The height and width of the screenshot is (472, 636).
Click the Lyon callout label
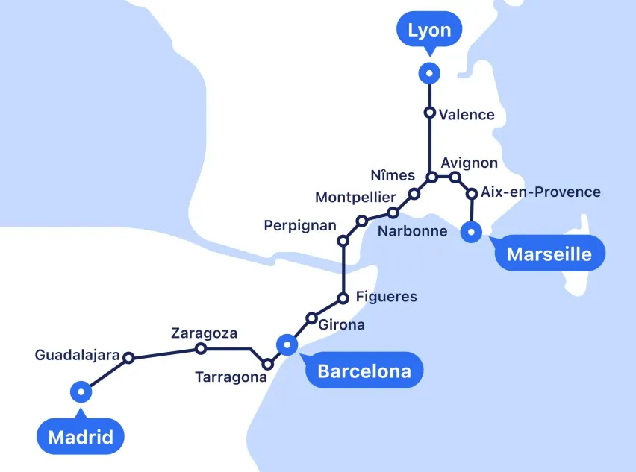(429, 31)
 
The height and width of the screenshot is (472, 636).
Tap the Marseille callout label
(549, 254)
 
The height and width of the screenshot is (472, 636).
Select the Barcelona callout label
(364, 371)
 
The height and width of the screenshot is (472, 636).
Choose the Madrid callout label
(81, 437)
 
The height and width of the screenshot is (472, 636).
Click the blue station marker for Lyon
(429, 73)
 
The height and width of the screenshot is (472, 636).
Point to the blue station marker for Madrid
(81, 391)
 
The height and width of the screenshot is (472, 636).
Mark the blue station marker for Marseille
(471, 232)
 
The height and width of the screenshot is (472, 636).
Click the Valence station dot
(429, 113)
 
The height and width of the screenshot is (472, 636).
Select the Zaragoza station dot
(200, 348)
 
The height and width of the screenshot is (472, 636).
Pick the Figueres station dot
(343, 298)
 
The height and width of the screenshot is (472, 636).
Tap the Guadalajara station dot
(128, 358)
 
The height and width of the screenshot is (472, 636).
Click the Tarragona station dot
(268, 365)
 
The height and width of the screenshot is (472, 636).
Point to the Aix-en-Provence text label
(540, 192)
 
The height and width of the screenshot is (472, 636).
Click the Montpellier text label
(355, 198)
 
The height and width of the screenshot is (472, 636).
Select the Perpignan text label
(300, 224)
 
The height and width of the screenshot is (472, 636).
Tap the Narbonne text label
(412, 231)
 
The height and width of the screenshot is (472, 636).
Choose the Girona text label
(341, 324)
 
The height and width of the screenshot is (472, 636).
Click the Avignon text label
(469, 163)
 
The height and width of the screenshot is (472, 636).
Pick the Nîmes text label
(393, 175)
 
